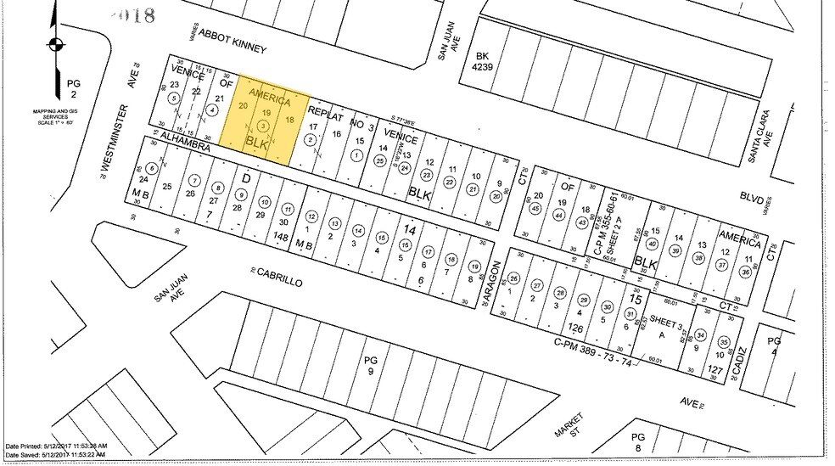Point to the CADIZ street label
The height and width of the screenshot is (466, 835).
[741, 362]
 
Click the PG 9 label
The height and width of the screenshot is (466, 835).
[369, 364]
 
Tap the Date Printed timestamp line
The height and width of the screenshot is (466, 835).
[55, 446]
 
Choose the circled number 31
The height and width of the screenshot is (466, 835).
[630, 314]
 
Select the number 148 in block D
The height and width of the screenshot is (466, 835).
[283, 239]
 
